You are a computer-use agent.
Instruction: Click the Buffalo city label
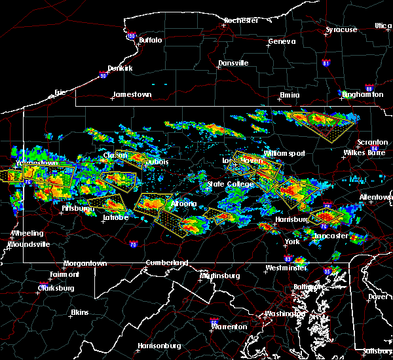(150, 41)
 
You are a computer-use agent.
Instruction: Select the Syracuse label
(343, 29)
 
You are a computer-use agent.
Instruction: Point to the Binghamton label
(363, 95)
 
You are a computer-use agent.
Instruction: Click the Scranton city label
(373, 143)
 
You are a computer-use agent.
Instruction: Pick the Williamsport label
(284, 153)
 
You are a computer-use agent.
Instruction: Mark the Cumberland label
(166, 262)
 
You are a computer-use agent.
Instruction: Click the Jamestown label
(132, 95)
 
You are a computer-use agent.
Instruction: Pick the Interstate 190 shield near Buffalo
(132, 37)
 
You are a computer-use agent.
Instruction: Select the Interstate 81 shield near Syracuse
(327, 63)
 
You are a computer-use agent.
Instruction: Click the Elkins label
(80, 312)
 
